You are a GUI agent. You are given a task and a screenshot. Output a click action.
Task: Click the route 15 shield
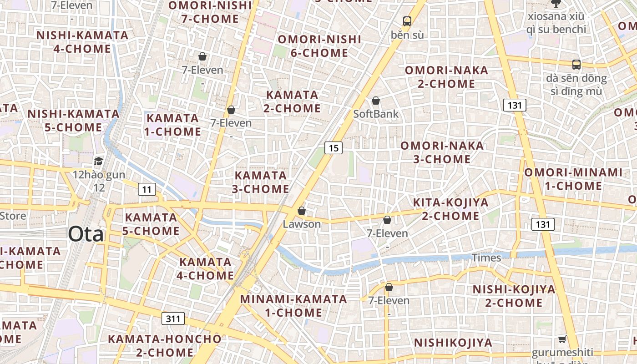(334, 147)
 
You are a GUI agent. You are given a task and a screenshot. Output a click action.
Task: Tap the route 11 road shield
(147, 189)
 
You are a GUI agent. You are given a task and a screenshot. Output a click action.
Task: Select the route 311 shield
(173, 318)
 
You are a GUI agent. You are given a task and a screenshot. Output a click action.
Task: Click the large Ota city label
(86, 234)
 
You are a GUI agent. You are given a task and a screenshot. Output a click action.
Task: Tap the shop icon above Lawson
(301, 211)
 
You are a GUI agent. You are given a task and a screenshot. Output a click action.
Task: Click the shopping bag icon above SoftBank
(376, 101)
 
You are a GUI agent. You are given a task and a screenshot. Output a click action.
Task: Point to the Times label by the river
(486, 258)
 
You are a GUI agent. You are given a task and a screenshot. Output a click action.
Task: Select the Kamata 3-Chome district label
(261, 182)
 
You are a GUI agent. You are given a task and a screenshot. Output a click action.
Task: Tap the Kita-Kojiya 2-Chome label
(450, 209)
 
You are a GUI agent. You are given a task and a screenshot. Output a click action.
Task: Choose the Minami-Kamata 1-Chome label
(294, 306)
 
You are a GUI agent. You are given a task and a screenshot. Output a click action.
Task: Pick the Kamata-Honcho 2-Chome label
(165, 345)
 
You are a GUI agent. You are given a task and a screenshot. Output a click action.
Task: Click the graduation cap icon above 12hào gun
(98, 161)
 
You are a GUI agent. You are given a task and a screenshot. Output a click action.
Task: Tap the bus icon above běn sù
(407, 21)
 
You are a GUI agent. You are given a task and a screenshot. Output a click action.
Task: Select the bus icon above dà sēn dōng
(576, 65)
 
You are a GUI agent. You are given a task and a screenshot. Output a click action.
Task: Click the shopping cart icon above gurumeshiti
(562, 339)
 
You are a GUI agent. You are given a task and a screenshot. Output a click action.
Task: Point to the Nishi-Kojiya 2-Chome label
(508, 296)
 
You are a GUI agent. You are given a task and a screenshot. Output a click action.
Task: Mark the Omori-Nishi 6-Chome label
(319, 46)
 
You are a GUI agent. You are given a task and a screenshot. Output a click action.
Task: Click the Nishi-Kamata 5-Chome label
(74, 120)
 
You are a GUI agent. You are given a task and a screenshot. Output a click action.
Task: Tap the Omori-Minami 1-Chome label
(573, 179)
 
